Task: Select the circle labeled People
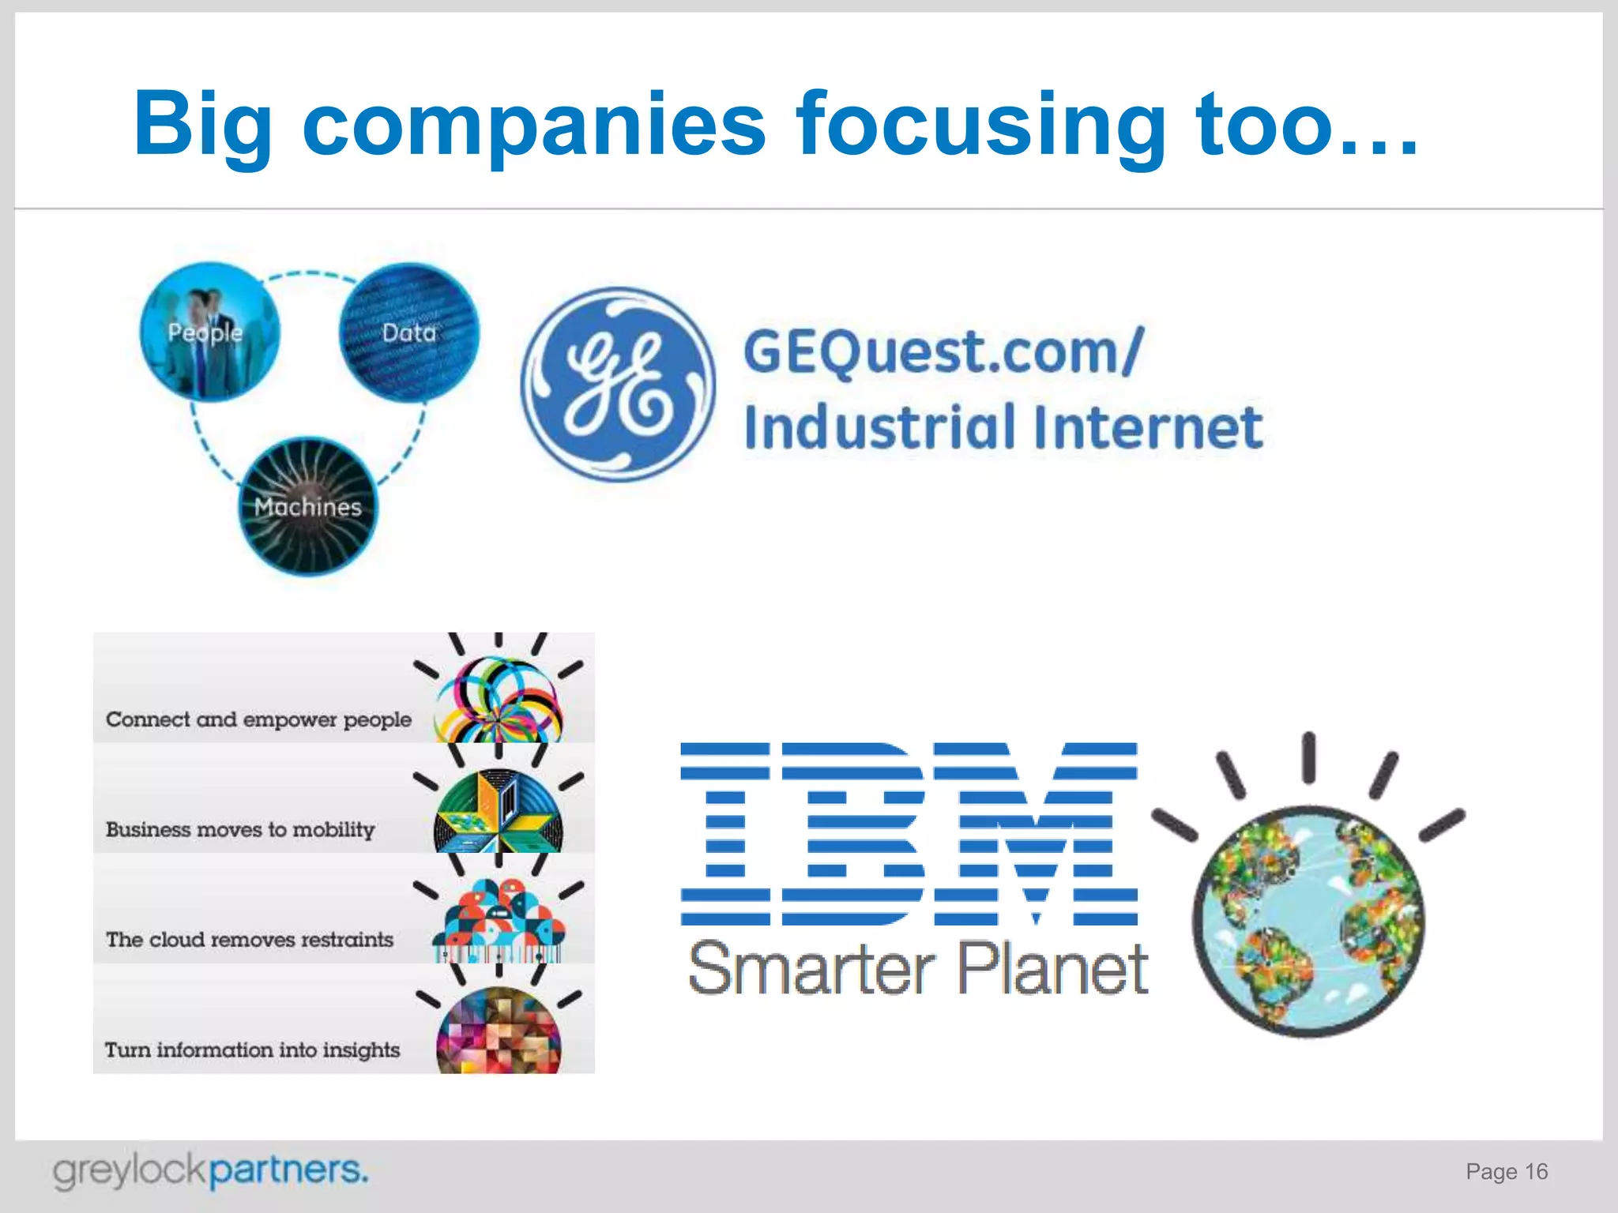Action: click(x=209, y=332)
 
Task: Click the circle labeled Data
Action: click(x=409, y=332)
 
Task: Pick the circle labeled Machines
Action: click(x=308, y=506)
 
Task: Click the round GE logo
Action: click(x=619, y=385)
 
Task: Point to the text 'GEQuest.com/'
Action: click(x=943, y=352)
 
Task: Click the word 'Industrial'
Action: click(x=880, y=427)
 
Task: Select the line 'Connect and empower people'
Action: click(x=258, y=719)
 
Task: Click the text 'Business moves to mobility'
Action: click(x=240, y=829)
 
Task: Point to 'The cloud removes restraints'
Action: click(x=250, y=940)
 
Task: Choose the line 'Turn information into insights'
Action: click(x=253, y=1050)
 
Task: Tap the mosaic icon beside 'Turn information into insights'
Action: click(x=499, y=1031)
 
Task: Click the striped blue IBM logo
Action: click(x=909, y=834)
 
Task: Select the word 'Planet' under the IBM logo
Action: click(x=1052, y=969)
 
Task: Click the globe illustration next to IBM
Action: click(x=1308, y=920)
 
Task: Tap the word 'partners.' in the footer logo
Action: click(x=289, y=1170)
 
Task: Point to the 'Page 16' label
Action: click(x=1507, y=1172)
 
